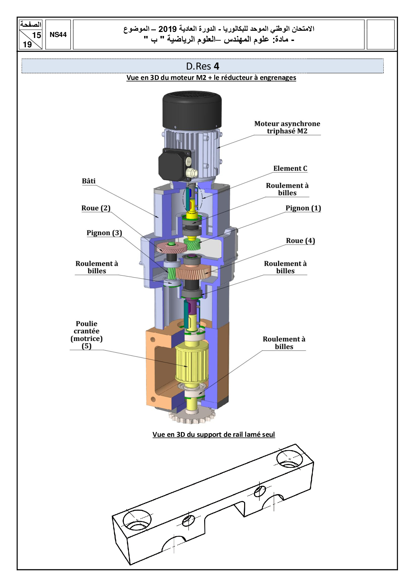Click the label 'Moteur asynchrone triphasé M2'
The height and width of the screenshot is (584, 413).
click(x=287, y=128)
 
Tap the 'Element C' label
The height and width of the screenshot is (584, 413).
click(x=290, y=168)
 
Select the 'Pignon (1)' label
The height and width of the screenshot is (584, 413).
click(x=303, y=208)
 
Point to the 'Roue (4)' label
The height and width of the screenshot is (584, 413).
click(x=300, y=241)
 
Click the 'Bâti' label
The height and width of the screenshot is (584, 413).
click(x=89, y=181)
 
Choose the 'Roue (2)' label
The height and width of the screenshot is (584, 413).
click(x=96, y=208)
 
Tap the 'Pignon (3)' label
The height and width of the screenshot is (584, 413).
click(x=104, y=233)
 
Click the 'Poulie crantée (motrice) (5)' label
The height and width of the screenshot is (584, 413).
click(x=87, y=335)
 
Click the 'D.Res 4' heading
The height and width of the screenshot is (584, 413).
click(x=203, y=66)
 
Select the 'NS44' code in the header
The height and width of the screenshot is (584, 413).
click(x=58, y=35)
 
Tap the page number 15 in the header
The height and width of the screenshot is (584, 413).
click(x=36, y=35)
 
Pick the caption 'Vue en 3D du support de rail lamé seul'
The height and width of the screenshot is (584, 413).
click(x=213, y=435)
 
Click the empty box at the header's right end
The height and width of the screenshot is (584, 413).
click(x=380, y=35)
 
